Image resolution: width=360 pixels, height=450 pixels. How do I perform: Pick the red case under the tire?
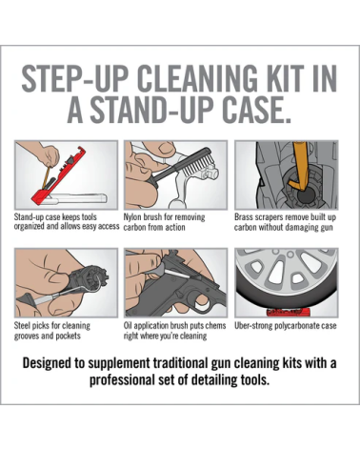(288, 312)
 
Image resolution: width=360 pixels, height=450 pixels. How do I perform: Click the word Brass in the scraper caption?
(243, 217)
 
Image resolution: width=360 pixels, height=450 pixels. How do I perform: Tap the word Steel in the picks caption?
(22, 325)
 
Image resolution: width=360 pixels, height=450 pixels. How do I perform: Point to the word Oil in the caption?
(128, 325)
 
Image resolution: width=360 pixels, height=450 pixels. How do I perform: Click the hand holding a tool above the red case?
(46, 154)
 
